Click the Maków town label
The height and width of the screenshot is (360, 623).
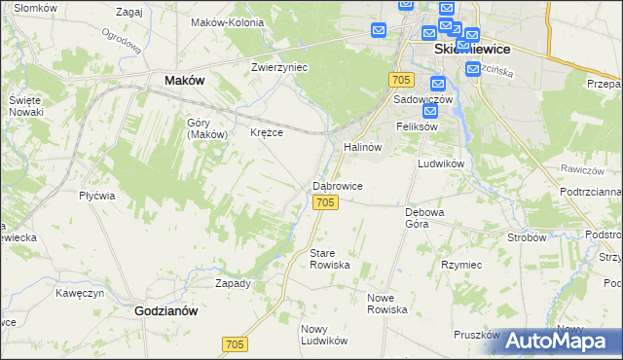(x=184, y=81)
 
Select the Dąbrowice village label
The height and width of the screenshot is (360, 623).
(x=338, y=185)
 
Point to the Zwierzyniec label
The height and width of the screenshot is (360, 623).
(x=279, y=67)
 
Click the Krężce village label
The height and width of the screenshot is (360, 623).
(x=266, y=132)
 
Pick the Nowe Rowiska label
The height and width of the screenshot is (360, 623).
(x=386, y=303)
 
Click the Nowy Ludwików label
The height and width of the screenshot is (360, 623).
(x=324, y=335)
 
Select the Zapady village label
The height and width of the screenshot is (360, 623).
(x=233, y=283)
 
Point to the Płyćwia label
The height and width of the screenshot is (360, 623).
(x=97, y=195)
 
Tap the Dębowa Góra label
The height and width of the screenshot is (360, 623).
(x=424, y=217)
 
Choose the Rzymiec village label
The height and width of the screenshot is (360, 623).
(x=461, y=265)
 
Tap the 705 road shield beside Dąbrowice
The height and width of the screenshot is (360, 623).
(x=326, y=201)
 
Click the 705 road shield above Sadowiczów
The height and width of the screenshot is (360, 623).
(x=400, y=79)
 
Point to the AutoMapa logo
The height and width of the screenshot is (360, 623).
(x=559, y=341)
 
